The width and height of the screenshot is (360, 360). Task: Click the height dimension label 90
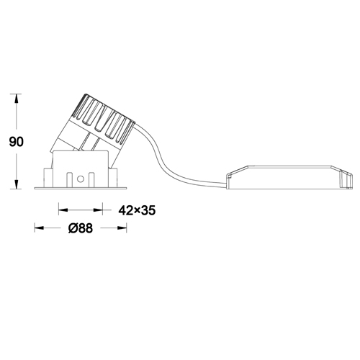point(17,142)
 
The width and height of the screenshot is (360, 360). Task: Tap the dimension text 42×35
point(137,210)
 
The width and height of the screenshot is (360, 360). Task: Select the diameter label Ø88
point(81,228)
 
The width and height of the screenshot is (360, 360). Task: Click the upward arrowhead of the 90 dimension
point(17,98)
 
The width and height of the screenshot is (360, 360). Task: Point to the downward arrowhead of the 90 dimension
point(17,184)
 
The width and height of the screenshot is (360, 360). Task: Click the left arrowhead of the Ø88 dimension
point(39,228)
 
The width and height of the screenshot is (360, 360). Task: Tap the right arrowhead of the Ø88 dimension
point(122,228)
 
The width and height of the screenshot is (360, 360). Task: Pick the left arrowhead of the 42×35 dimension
point(63,210)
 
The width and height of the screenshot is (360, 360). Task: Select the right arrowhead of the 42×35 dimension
point(98,210)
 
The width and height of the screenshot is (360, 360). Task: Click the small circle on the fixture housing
point(80,179)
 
